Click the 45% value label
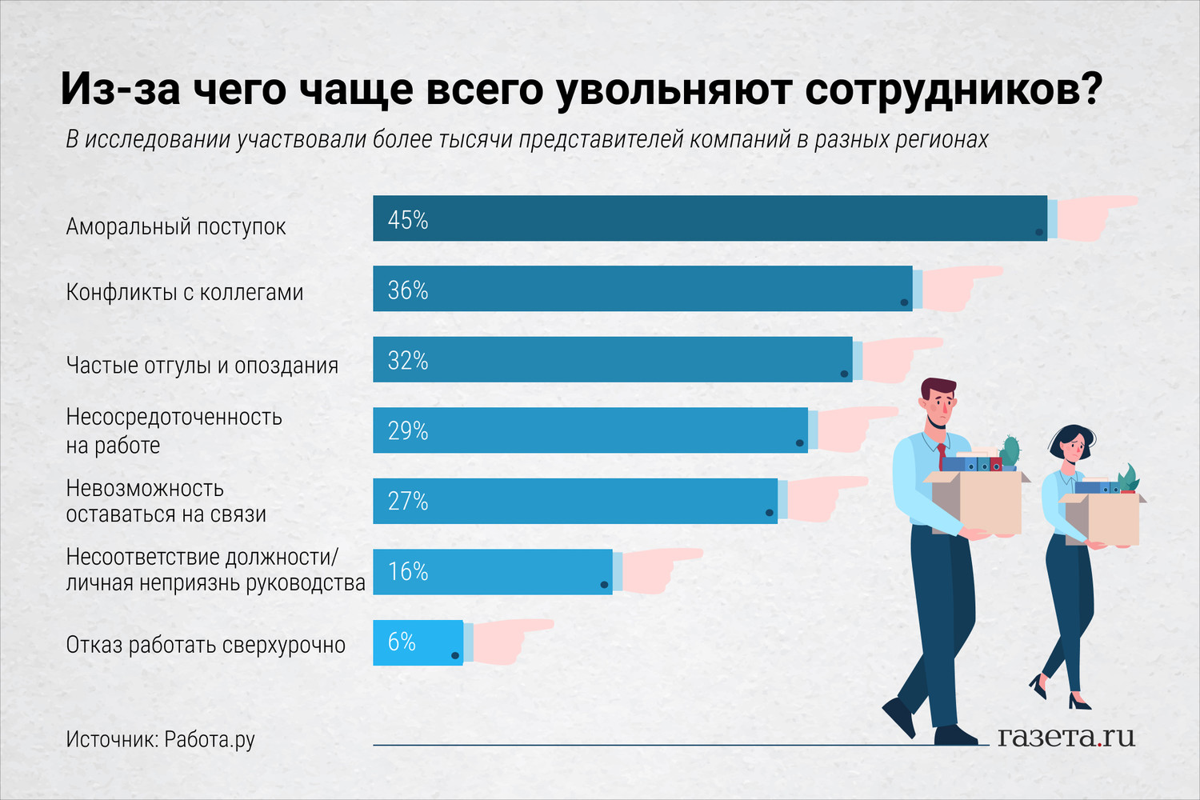[x=408, y=220]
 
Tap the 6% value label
[x=402, y=642]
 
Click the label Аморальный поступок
[x=176, y=227]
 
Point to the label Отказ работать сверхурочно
[x=206, y=646]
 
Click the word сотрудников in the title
[x=953, y=90]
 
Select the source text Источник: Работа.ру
[x=160, y=739]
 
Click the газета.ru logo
[x=1066, y=736]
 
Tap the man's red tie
[x=942, y=456]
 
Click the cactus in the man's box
[x=1010, y=451]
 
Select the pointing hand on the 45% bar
[x=1096, y=217]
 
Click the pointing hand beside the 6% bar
[x=508, y=640]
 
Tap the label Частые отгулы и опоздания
[x=202, y=366]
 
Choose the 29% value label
[x=408, y=431]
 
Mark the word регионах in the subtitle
[x=942, y=140]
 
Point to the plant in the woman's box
[x=1128, y=478]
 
